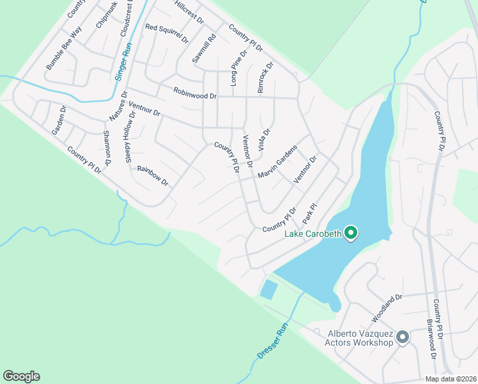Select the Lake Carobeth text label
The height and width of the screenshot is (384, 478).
[313, 234]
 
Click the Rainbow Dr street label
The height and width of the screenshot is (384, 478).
[152, 176]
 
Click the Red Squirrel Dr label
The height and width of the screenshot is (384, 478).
[167, 33]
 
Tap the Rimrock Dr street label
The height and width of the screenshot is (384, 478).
[265, 77]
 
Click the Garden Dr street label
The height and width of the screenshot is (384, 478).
[59, 120]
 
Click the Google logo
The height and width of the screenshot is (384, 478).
[21, 376]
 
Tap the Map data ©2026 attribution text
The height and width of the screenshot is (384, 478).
[451, 379]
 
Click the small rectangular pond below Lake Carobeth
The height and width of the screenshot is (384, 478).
[269, 289]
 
